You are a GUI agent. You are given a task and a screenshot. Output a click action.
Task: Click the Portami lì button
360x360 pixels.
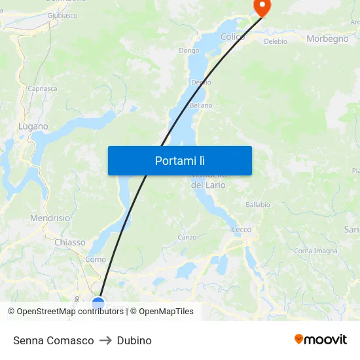point(179,160)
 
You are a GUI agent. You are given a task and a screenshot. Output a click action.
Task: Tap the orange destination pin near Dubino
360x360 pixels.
point(262,7)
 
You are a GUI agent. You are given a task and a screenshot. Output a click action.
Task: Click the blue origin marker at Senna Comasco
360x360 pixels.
point(98,303)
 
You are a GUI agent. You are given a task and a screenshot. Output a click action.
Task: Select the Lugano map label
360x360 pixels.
point(33,126)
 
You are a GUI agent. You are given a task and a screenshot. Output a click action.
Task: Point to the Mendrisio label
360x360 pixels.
point(50,218)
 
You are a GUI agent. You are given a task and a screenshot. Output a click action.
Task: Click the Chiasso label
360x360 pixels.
point(69,242)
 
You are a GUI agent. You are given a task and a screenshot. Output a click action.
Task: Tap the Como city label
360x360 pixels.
point(96,259)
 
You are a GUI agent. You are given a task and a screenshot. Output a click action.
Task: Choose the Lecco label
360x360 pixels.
point(242,230)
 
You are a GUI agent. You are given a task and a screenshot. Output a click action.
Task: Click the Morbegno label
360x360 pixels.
point(327,39)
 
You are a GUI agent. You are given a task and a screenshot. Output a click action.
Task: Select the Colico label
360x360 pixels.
point(233,37)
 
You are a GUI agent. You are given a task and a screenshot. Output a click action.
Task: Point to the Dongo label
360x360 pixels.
point(189,50)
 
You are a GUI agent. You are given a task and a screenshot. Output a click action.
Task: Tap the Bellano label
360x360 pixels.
point(201,105)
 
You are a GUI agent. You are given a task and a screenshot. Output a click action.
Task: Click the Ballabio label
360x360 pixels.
point(258,205)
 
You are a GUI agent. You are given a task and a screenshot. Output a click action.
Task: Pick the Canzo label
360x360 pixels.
point(187,237)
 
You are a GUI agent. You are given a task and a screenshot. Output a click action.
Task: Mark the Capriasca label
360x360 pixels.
point(42,88)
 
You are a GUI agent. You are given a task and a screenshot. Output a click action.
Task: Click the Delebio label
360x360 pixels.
point(275,41)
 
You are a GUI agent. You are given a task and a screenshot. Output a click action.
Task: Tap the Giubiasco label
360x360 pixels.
point(62,15)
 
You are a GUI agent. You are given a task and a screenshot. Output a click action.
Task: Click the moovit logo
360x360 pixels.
point(321,340)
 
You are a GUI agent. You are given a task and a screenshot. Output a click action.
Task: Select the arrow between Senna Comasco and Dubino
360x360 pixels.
point(105,340)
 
